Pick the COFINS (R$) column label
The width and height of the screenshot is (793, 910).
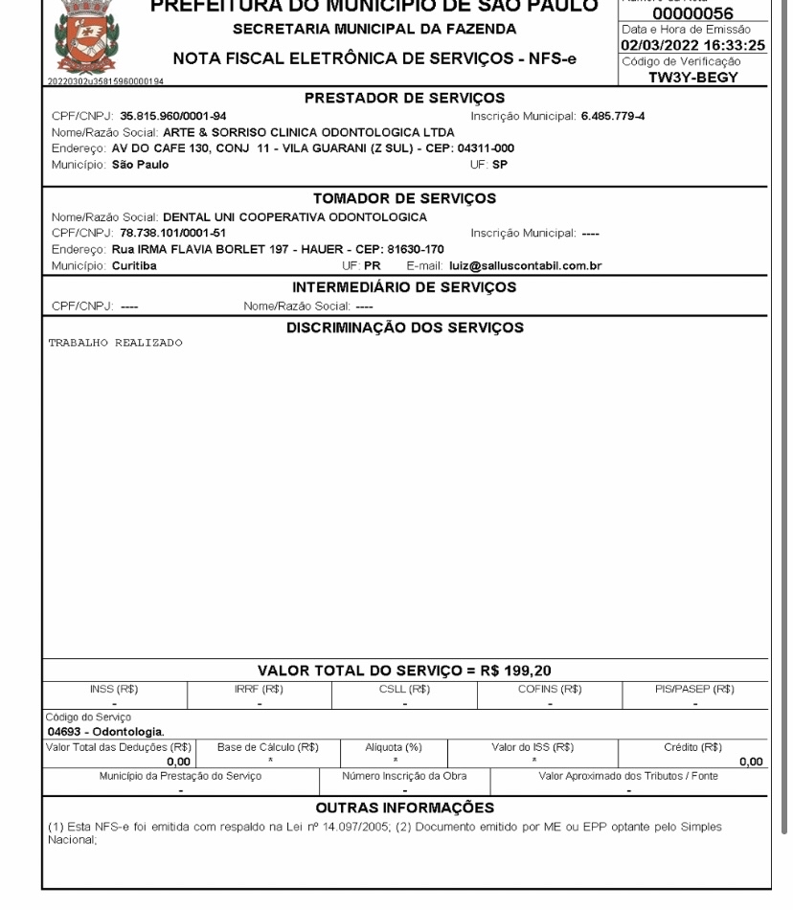click(x=551, y=688)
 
